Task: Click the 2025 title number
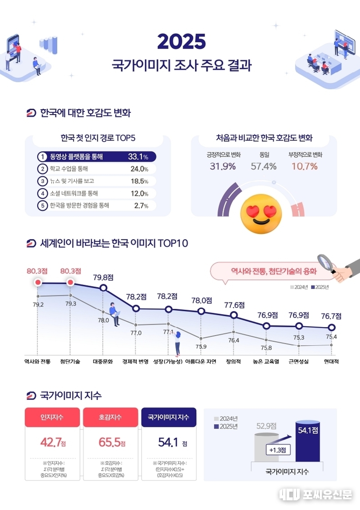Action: tap(181, 42)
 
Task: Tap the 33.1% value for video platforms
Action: tap(138, 157)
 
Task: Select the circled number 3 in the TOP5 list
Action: tap(42, 181)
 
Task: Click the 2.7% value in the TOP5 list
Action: tap(141, 206)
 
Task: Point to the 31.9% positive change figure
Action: tap(223, 166)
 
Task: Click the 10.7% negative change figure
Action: tap(305, 166)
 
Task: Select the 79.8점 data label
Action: tap(103, 277)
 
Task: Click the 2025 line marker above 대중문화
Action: tap(103, 288)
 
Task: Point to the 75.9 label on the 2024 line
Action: tap(201, 347)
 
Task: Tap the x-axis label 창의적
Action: tap(234, 362)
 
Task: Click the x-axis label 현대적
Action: tap(331, 362)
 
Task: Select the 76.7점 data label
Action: tap(331, 316)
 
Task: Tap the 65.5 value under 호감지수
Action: tap(110, 442)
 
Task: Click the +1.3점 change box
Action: tap(277, 449)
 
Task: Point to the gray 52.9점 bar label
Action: tap(266, 426)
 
